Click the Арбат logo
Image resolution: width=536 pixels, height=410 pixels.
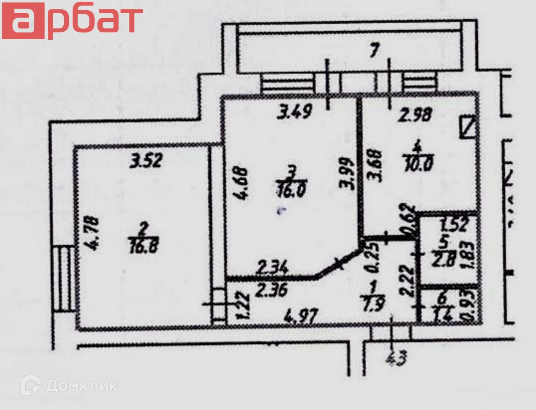[72, 20]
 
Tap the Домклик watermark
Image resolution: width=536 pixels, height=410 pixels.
[69, 385]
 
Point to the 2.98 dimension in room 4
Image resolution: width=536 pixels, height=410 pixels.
[415, 115]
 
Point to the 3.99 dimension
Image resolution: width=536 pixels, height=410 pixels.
[346, 174]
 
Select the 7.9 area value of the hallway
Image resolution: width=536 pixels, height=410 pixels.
[373, 304]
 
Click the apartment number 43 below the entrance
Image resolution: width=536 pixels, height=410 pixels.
[396, 358]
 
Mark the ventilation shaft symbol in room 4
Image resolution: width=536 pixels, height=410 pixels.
[468, 127]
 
